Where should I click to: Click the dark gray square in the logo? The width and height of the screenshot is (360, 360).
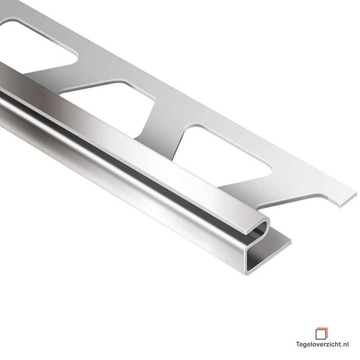pyautogui.click(x=320, y=334)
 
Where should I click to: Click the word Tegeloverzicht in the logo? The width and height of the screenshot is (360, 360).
pyautogui.click(x=319, y=345)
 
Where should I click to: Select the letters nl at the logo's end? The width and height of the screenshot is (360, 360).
pyautogui.click(x=346, y=344)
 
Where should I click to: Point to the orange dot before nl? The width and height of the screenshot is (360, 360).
pyautogui.click(x=342, y=346)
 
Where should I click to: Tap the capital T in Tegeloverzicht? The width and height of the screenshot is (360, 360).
pyautogui.click(x=298, y=344)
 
